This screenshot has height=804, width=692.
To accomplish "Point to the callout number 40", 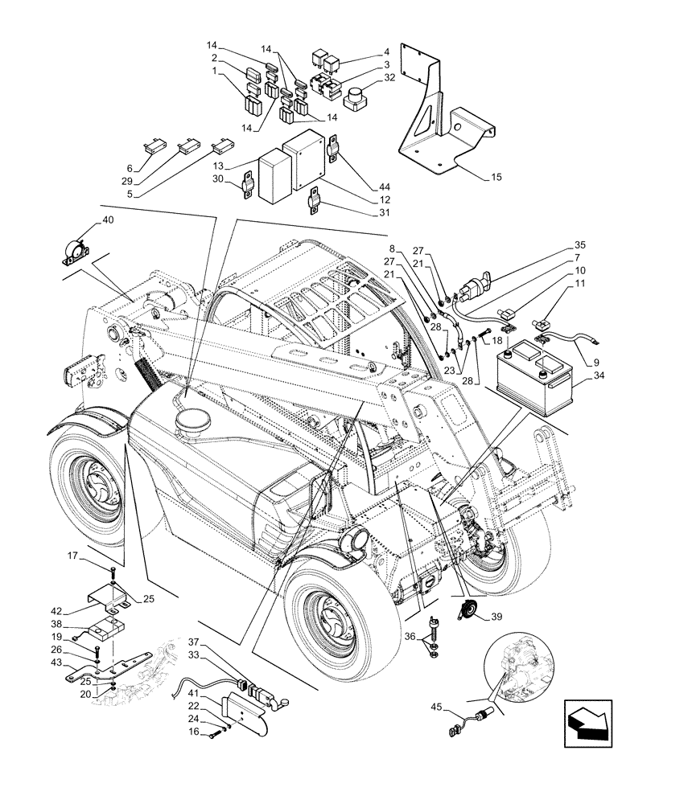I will click(108, 219).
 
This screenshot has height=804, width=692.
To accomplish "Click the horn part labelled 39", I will click(465, 613).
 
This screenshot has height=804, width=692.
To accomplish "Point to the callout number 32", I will click(389, 79).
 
